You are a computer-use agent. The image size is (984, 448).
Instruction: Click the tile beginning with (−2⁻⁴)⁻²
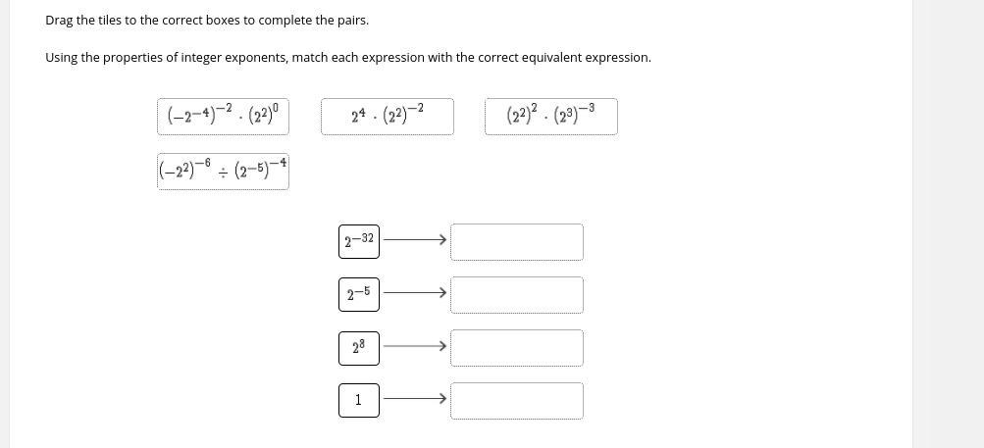(x=223, y=117)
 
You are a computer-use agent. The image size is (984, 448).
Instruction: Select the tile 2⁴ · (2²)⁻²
(x=387, y=117)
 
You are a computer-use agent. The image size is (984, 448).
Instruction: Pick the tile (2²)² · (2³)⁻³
(x=550, y=117)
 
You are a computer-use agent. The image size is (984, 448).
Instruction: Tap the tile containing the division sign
(x=223, y=171)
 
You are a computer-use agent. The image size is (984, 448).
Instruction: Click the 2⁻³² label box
(x=358, y=240)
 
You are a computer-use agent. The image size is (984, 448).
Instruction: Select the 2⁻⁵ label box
(x=358, y=293)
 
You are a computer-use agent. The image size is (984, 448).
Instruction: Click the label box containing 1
(x=358, y=400)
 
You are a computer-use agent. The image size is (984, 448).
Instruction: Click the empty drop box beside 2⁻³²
(x=516, y=241)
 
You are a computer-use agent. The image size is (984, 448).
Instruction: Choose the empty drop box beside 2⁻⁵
(x=516, y=294)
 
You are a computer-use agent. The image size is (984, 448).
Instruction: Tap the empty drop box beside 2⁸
(x=516, y=347)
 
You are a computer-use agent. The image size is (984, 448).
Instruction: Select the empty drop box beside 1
(x=516, y=400)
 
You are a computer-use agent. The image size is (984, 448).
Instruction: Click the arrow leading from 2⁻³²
(x=414, y=239)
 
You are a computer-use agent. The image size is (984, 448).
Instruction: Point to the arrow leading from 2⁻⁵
(x=414, y=292)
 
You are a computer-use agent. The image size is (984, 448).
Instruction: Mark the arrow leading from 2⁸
(x=414, y=345)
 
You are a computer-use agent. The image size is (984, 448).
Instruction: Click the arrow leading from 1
(x=414, y=398)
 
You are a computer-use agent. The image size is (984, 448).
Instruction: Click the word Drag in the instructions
(x=59, y=20)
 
